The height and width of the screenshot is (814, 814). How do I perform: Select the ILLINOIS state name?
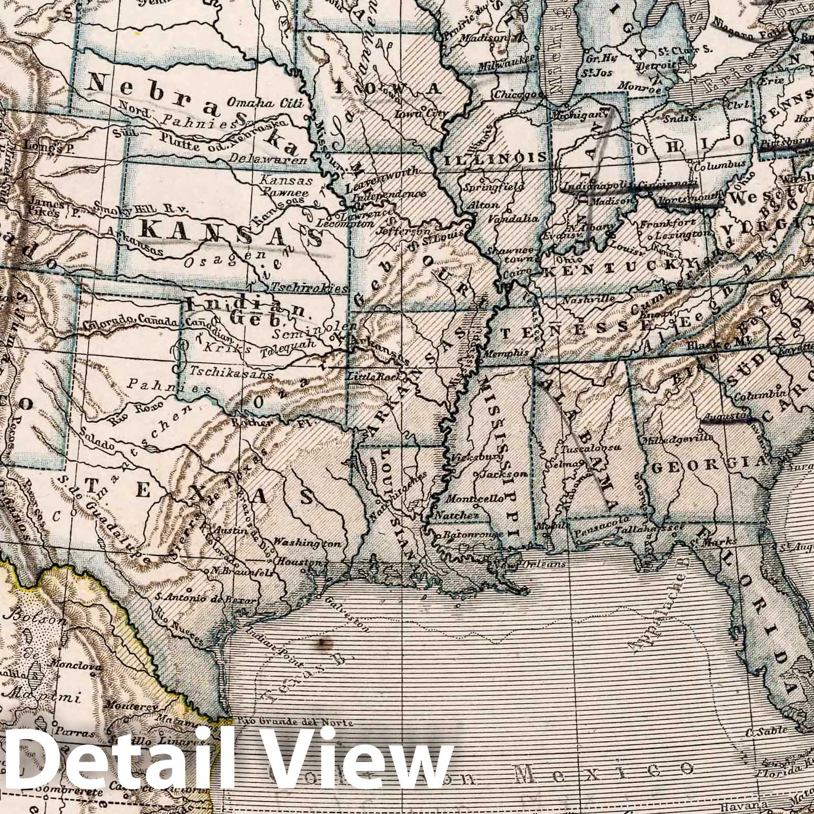496,158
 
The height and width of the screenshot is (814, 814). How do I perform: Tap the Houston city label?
298,563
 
